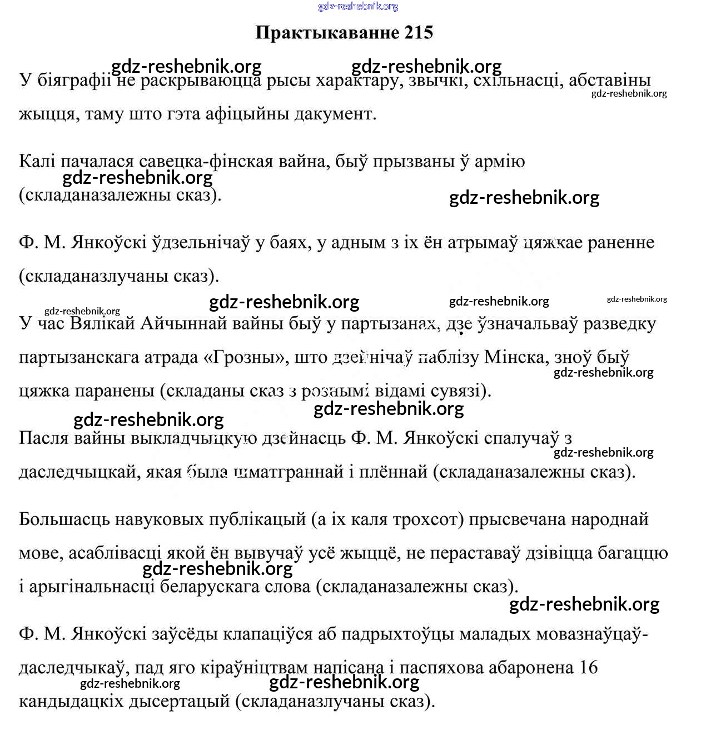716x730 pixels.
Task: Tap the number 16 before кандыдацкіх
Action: tap(588, 668)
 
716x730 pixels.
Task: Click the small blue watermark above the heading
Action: tap(358, 7)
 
